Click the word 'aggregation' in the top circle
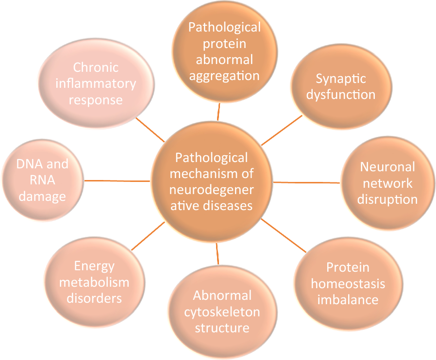(224, 76)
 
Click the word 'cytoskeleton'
(222, 312)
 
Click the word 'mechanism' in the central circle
(212, 173)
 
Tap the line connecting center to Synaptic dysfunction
(282, 130)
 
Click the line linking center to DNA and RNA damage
(117, 180)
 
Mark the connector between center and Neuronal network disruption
(307, 182)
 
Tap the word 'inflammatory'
(96, 84)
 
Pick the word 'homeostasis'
(348, 283)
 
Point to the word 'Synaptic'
(341, 79)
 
